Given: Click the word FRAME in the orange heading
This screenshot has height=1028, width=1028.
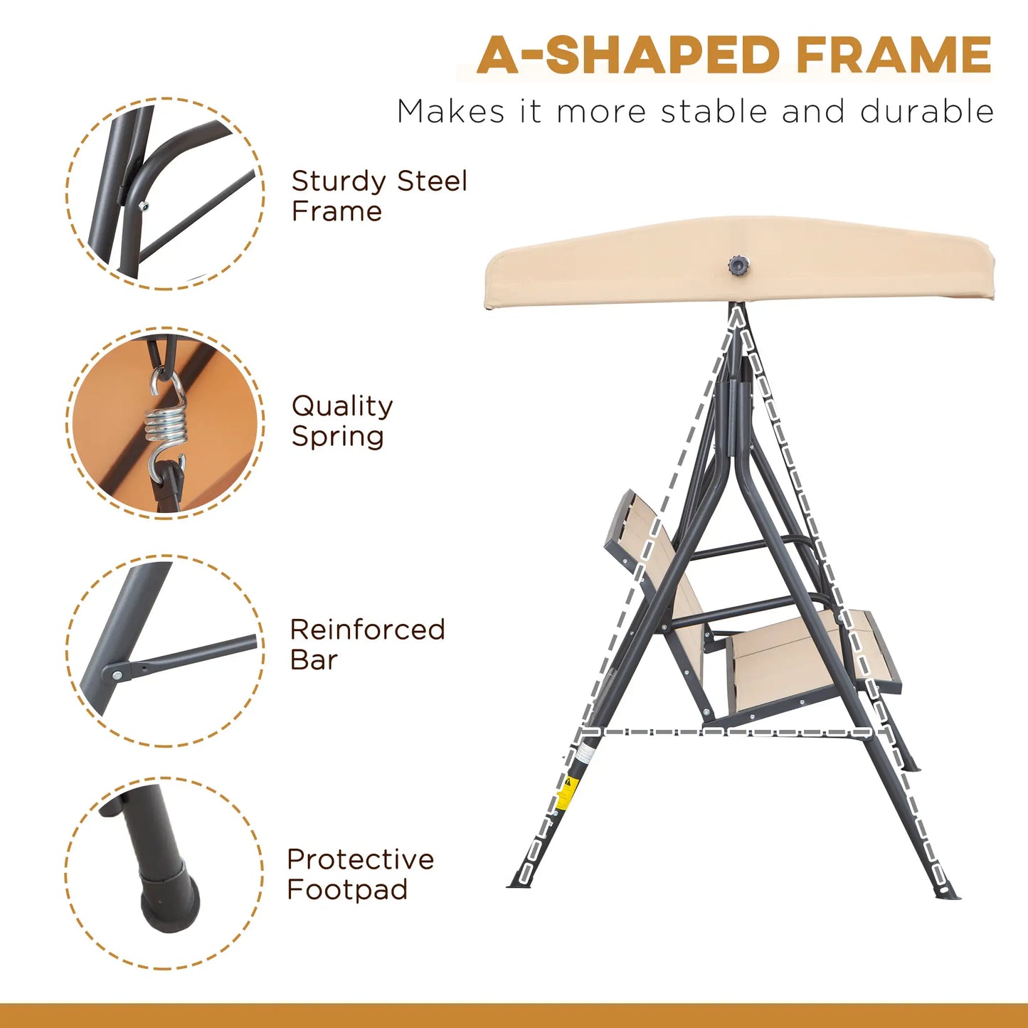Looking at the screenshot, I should click(x=894, y=55).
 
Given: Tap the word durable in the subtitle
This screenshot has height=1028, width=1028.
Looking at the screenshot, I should click(x=926, y=112).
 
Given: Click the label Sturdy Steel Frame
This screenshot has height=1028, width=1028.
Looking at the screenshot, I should click(x=378, y=196).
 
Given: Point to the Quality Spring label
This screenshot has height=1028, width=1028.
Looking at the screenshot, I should click(x=341, y=420).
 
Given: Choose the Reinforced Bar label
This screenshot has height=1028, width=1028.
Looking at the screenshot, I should click(x=366, y=645).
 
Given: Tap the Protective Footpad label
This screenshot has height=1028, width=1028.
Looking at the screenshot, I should click(x=360, y=874).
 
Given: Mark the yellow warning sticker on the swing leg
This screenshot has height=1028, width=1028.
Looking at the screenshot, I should click(x=566, y=793).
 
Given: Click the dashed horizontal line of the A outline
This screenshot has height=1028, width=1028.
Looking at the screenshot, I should click(x=733, y=731).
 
